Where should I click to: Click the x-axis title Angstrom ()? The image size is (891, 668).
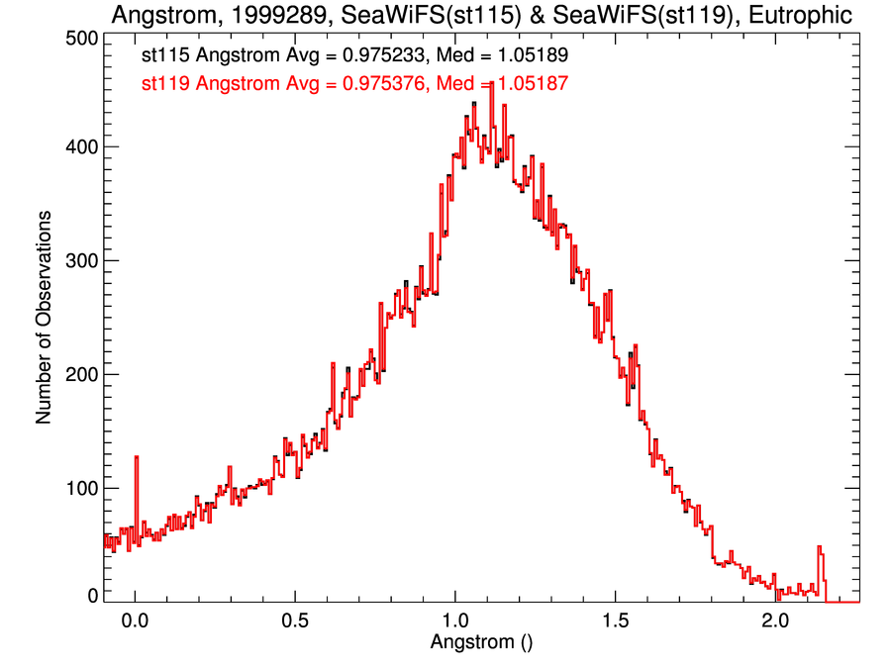click(481, 642)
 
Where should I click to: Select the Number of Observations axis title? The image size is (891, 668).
click(45, 317)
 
